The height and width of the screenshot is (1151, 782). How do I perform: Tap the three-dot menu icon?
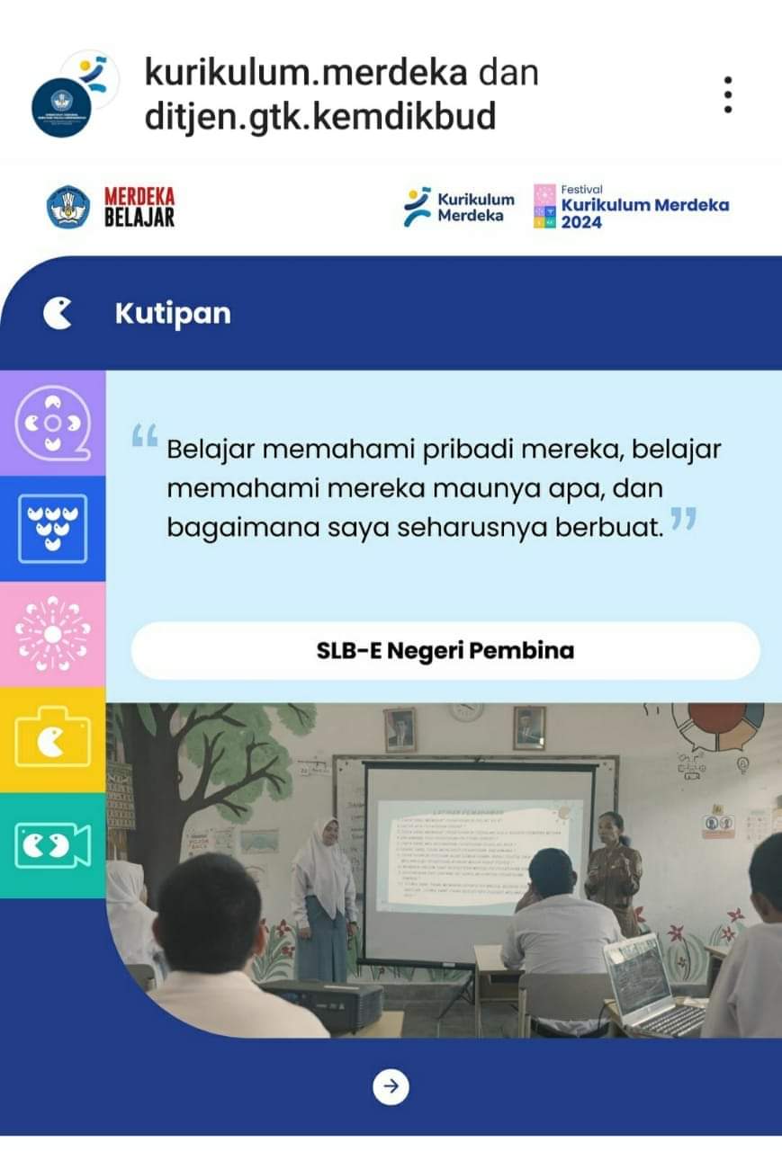(x=727, y=94)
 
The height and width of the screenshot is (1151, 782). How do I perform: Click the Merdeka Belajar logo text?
(x=139, y=207)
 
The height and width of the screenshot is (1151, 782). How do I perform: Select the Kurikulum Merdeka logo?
(x=459, y=207)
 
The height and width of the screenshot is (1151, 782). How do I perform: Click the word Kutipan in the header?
(x=173, y=314)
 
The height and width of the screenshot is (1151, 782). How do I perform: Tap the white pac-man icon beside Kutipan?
(x=58, y=314)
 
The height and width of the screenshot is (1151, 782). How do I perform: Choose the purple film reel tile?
(x=52, y=423)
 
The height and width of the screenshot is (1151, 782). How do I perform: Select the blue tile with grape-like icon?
(x=52, y=529)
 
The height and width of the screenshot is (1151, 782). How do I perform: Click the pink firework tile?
(x=52, y=634)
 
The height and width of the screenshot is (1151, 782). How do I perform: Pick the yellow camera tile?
(x=52, y=739)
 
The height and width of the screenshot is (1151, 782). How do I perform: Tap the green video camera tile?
(x=52, y=845)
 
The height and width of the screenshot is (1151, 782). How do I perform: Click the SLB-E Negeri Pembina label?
(x=445, y=650)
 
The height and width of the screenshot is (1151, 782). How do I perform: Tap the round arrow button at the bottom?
(x=391, y=1086)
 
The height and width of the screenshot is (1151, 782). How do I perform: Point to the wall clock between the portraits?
(x=467, y=711)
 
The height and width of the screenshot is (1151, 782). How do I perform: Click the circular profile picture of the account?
(x=63, y=106)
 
